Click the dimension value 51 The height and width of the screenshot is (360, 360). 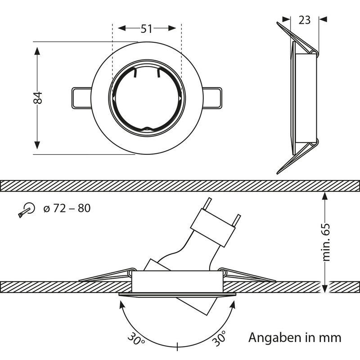(146, 29)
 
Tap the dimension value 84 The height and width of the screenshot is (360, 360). (38, 98)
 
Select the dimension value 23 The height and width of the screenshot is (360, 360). (305, 19)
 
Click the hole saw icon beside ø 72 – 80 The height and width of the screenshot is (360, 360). (27, 210)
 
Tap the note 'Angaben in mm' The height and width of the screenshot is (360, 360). (295, 337)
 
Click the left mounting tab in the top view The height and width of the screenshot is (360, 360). (81, 97)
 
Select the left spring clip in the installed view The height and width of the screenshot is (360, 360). (106, 275)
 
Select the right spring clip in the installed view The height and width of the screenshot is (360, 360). (247, 275)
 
